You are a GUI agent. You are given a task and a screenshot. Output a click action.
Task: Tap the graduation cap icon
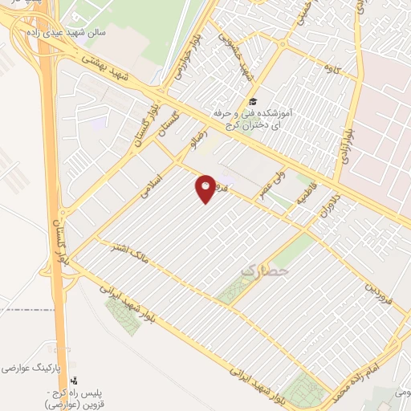coord(254,102)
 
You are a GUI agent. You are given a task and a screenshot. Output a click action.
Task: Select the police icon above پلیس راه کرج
coord(75,380)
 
